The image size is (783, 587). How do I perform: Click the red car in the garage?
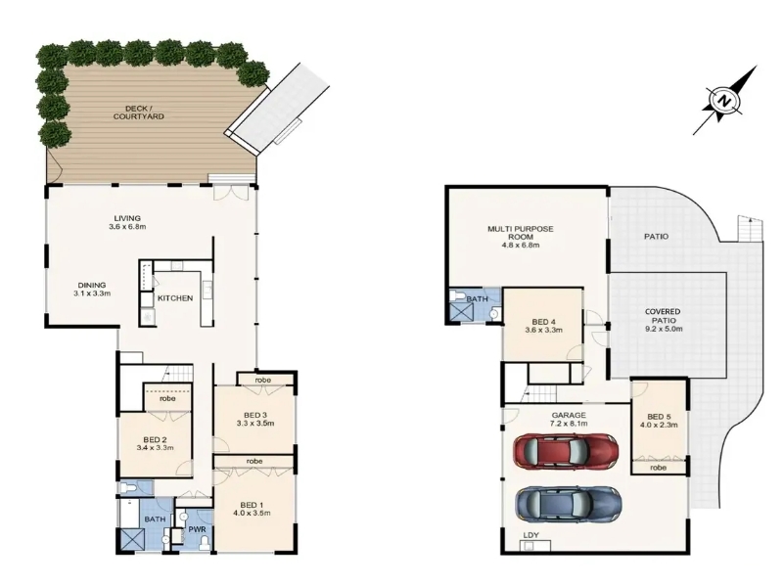coord(567,451)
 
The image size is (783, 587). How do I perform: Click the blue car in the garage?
coord(569,504)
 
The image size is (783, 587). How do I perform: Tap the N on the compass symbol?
coord(723,101)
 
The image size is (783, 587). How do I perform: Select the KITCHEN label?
coord(175,298)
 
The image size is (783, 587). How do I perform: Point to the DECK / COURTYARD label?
coord(138,113)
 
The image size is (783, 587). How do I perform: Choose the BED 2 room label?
coord(155,439)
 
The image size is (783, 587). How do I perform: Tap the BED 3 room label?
coord(255,415)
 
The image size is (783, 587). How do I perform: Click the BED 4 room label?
coord(543,322)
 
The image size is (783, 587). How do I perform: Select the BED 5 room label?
coord(659,417)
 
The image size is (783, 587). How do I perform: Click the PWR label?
coord(194,529)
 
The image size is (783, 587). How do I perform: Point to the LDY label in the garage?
coord(530,535)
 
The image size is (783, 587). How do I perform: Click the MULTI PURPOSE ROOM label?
coord(521,233)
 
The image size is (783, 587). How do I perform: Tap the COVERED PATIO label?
coord(663,316)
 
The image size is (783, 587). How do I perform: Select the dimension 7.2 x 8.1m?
coord(569,424)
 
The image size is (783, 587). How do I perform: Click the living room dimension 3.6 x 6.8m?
coord(127,226)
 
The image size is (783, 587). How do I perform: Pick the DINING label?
coord(92,285)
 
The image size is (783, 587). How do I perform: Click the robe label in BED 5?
coord(658,468)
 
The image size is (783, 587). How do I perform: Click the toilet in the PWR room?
coord(204,542)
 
